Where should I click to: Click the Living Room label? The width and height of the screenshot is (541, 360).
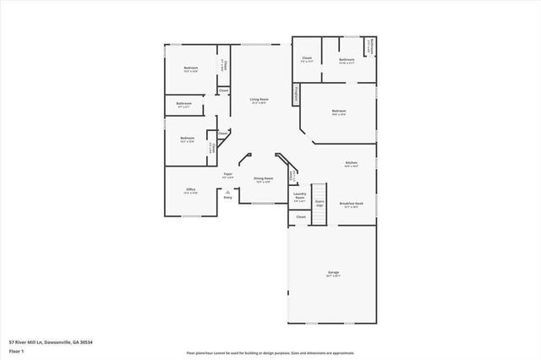coord(259,100)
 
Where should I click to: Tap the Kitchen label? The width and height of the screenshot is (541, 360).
coord(351,161)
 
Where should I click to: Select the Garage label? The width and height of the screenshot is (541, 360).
coord(333,272)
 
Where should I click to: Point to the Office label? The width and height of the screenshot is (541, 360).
coord(190,189)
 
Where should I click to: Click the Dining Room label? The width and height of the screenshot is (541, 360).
coord(263,178)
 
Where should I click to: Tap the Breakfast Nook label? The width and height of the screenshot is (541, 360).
coord(351,203)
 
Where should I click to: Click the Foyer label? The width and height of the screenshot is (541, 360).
coord(227,174)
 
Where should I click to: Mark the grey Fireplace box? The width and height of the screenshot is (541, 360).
coord(296,94)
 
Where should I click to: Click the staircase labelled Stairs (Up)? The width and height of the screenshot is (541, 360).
coord(320,205)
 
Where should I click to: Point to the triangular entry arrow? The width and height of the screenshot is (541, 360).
coord(227,191)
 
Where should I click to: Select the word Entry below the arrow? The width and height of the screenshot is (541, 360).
coord(227,197)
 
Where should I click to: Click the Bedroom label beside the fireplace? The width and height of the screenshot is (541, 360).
coord(339,112)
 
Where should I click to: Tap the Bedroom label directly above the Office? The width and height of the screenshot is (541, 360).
coord(187,138)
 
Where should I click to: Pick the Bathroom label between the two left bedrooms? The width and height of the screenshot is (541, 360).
coord(184,104)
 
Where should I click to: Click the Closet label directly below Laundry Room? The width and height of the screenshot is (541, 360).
coord(300,217)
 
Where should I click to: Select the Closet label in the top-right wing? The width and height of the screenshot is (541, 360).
coord(307,59)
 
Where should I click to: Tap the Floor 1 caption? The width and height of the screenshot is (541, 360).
coord(16,350)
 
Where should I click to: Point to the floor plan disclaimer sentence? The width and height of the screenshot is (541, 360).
coord(270,352)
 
